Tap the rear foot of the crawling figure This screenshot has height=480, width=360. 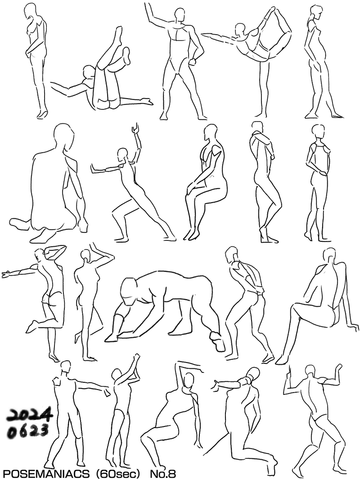click(217, 340)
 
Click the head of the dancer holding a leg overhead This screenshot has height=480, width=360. click(240, 29)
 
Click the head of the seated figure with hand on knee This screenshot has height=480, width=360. click(211, 131)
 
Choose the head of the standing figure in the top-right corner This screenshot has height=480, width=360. click(316, 12)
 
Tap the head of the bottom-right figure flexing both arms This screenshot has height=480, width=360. click(310, 372)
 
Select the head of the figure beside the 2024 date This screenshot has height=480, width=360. click(65, 367)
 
